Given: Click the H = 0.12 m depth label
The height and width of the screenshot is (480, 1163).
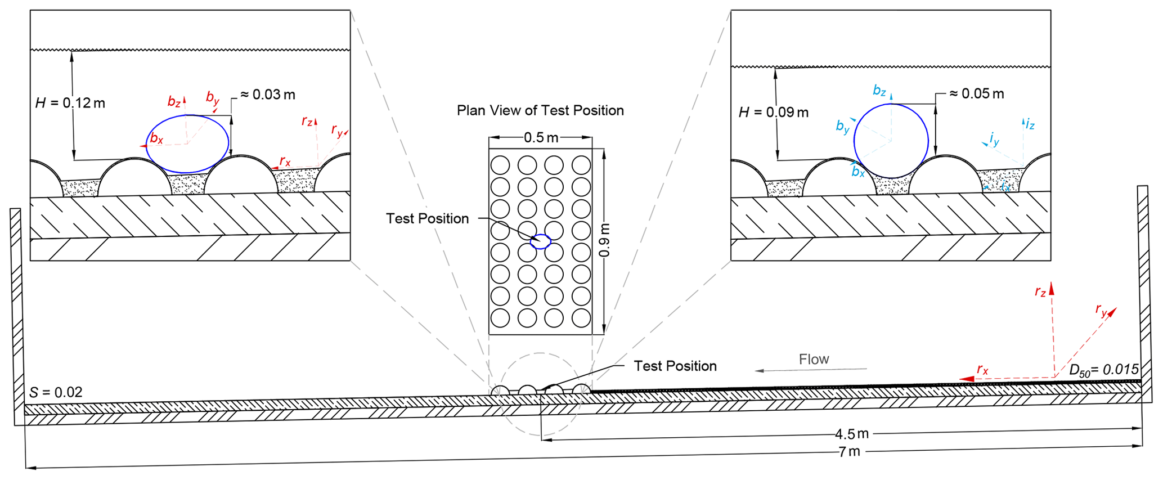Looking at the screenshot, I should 70,103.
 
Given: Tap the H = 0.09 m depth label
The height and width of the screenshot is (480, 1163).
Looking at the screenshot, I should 773,113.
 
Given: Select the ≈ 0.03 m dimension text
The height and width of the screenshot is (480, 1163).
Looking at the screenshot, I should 268,95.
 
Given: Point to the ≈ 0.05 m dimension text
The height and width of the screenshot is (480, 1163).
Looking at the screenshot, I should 976,94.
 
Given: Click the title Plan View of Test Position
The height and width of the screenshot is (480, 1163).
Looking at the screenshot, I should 540,110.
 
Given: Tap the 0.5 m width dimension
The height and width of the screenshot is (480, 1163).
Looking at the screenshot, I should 541,138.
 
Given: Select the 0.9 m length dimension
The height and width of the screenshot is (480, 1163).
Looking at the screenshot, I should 604,240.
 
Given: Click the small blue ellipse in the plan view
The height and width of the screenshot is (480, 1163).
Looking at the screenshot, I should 541,241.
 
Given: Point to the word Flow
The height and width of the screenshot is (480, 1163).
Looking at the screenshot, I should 814,359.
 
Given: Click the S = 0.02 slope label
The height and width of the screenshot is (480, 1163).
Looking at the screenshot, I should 56,392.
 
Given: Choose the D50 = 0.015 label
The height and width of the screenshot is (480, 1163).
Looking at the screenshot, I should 1103,370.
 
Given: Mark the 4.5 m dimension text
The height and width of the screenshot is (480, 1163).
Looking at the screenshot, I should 851,434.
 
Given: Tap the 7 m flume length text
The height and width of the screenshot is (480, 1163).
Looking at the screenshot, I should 849,451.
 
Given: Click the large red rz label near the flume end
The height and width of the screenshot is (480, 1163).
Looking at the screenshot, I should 1040,291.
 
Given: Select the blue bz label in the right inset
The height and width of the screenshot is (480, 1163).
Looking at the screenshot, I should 879,90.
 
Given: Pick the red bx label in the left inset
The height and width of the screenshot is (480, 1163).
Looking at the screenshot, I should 156,138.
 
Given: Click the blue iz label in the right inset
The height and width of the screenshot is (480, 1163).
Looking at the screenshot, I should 1030,124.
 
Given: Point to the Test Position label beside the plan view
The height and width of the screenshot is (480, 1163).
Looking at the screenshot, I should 427,218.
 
